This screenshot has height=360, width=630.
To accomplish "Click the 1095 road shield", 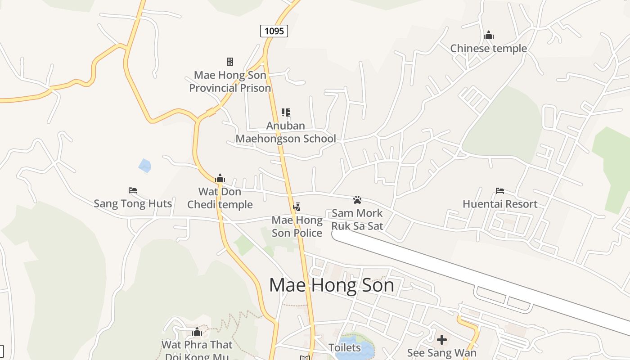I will (x=274, y=31).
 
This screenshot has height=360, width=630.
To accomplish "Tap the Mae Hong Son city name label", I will (x=332, y=285).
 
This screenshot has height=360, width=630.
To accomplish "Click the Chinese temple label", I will (x=489, y=48).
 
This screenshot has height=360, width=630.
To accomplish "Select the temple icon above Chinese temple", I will (x=489, y=36).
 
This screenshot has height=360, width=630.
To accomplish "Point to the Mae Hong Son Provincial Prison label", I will (x=230, y=81).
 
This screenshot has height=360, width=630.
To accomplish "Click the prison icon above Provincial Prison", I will (x=230, y=61).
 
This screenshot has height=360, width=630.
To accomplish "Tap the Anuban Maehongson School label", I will (x=286, y=132).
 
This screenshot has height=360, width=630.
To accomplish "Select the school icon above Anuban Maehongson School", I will (x=286, y=112).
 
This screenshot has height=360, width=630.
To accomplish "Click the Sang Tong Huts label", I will (x=133, y=203).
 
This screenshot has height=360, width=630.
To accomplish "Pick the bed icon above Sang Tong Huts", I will (x=133, y=190).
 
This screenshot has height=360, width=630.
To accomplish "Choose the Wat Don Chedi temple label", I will (x=220, y=198).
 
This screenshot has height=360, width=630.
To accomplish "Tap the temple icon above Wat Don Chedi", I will (x=220, y=179).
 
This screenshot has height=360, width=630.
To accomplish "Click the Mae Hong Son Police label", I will (x=297, y=226).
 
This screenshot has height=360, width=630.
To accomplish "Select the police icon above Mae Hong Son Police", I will (x=297, y=207).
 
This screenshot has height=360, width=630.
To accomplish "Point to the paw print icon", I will (x=357, y=199).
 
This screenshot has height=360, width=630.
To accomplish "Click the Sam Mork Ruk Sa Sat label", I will (x=357, y=219).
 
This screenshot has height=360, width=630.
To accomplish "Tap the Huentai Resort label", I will (x=500, y=204).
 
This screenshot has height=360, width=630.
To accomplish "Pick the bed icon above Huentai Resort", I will (x=500, y=191).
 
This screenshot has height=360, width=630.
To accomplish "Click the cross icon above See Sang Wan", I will (x=442, y=340).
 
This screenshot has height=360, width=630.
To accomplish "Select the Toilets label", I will (x=345, y=347).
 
